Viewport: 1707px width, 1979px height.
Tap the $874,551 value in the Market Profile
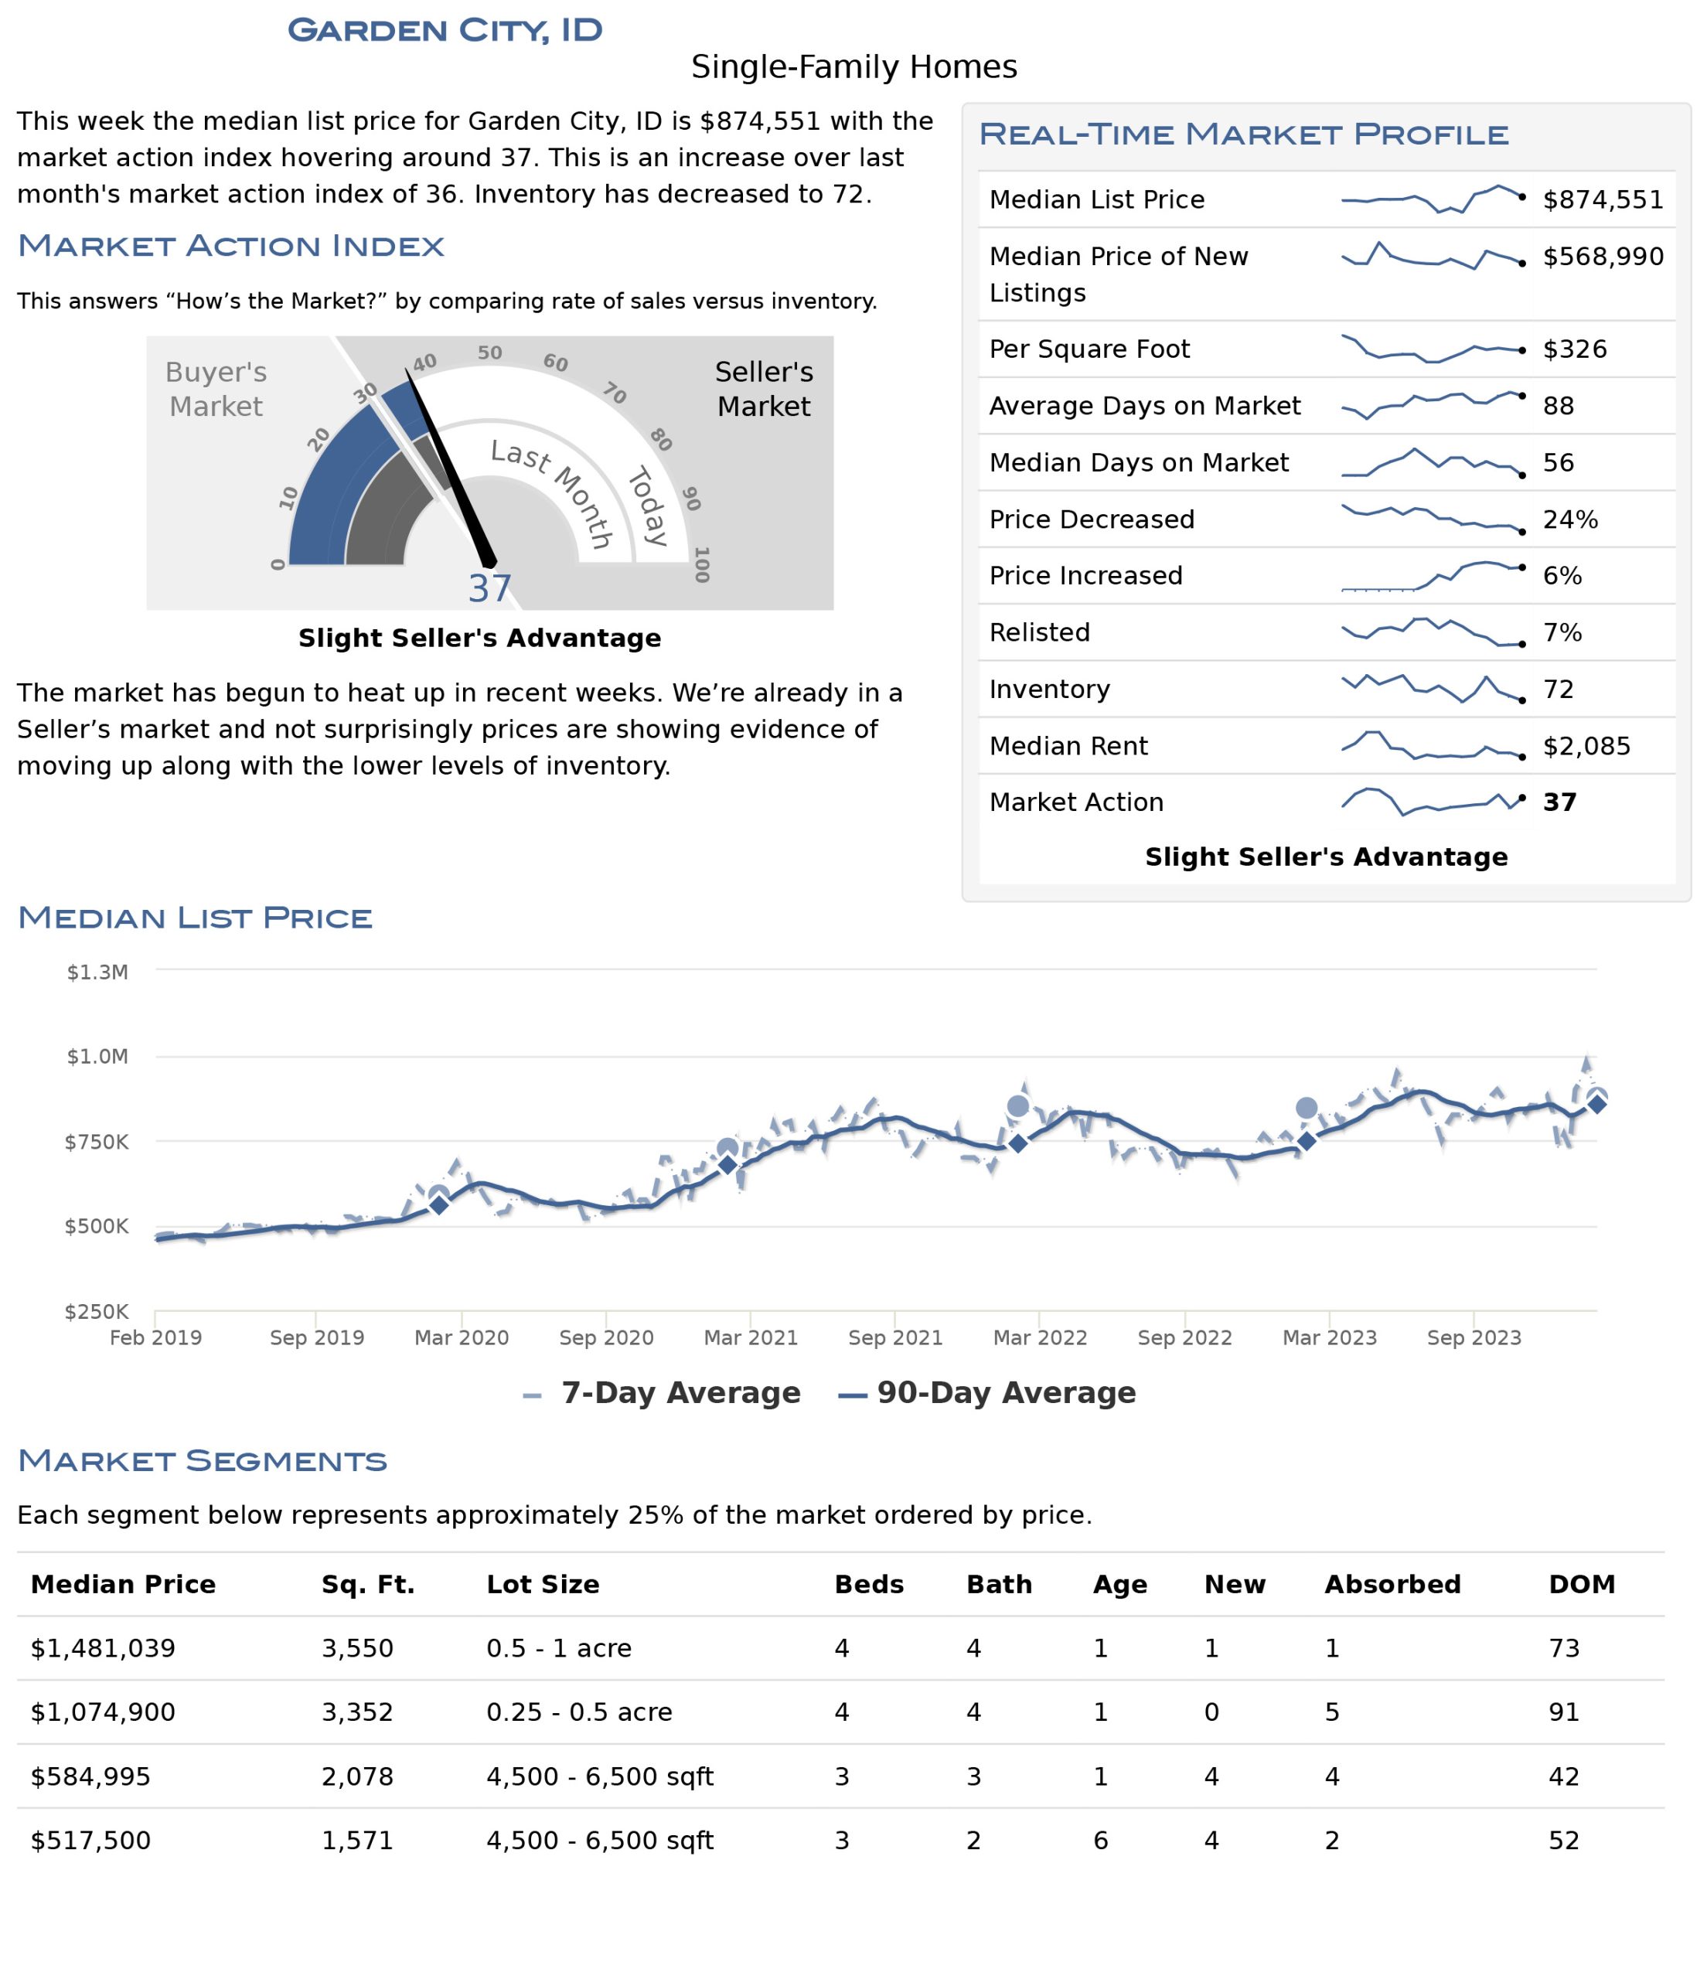1603,199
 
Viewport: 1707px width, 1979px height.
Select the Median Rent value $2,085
1586,746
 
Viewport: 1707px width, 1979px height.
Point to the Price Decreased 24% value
1570,519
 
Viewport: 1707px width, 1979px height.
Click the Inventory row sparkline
1433,688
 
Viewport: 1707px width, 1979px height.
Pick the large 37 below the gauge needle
490,588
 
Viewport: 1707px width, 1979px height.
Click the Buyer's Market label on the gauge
216,389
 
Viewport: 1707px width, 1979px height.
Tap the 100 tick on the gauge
701,564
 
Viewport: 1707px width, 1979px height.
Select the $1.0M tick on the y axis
97,1056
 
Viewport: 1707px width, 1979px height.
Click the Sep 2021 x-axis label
895,1337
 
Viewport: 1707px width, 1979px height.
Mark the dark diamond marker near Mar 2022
1018,1143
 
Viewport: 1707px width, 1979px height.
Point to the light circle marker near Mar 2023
1306,1108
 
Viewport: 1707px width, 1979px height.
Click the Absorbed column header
1392,1585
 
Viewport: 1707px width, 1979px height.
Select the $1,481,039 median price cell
103,1649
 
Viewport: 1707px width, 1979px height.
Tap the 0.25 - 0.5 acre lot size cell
579,1712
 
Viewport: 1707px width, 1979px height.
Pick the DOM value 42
1564,1776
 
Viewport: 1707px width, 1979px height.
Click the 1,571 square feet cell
357,1841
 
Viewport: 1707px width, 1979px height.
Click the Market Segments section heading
203,1460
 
